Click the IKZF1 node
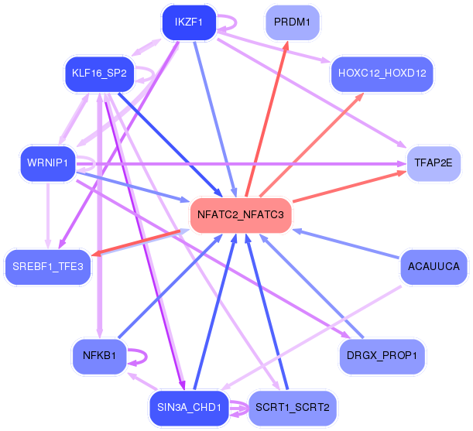[x=188, y=22]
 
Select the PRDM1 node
[x=293, y=22]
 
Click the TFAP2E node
[x=434, y=163]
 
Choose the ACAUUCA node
[x=434, y=267]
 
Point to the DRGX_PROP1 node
[x=382, y=356]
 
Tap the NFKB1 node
[x=99, y=356]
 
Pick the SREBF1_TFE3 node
[x=48, y=267]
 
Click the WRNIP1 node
[x=48, y=163]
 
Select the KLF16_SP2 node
[x=99, y=74]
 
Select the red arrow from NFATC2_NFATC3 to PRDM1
[x=267, y=116]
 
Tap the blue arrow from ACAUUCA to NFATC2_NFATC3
[x=348, y=243]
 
